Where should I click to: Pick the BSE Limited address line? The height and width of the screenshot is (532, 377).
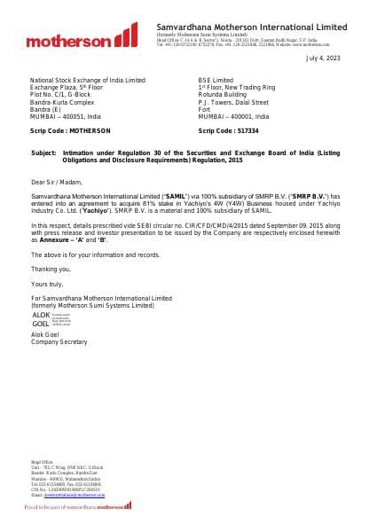(x=216, y=80)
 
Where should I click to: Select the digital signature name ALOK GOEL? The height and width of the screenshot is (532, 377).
(x=42, y=320)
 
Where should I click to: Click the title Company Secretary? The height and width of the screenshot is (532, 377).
(x=59, y=341)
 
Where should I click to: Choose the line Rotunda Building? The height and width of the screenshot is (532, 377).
(x=224, y=95)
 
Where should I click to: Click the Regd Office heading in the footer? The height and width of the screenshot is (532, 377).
(x=43, y=462)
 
